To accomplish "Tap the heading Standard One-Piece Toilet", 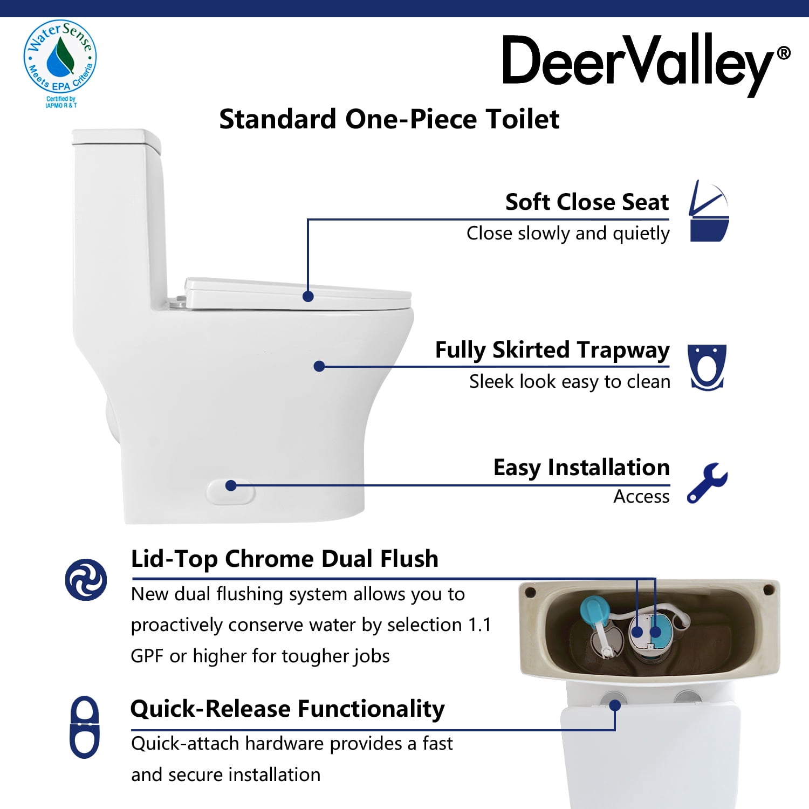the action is pyautogui.click(x=389, y=119).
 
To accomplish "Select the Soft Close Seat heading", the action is pyautogui.click(x=587, y=202).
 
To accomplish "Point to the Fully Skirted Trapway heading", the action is pyautogui.click(x=552, y=350).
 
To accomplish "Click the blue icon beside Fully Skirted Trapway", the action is pyautogui.click(x=707, y=367).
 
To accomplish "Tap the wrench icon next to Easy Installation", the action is pyautogui.click(x=707, y=483).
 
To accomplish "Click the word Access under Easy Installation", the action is pyautogui.click(x=641, y=496).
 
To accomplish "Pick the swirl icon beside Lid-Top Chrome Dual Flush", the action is pyautogui.click(x=86, y=580).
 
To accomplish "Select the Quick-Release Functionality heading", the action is pyautogui.click(x=287, y=709).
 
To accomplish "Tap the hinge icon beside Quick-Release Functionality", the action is pyautogui.click(x=85, y=727).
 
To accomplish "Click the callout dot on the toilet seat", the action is pyautogui.click(x=308, y=296).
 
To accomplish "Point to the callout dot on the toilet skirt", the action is pyautogui.click(x=319, y=366).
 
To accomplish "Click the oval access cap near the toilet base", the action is pyautogui.click(x=231, y=491).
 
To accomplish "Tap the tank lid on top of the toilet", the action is pyautogui.click(x=116, y=138).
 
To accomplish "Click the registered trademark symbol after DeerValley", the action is pyautogui.click(x=784, y=53).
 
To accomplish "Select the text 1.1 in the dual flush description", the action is pyautogui.click(x=479, y=625).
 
